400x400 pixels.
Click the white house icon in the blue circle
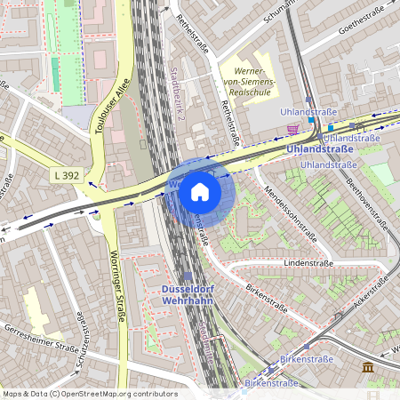(x=200, y=191)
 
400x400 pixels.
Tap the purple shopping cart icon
(x=292, y=129)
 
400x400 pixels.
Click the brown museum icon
(x=368, y=368)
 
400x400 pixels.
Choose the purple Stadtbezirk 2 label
(x=175, y=99)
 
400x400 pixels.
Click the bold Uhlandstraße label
(x=320, y=149)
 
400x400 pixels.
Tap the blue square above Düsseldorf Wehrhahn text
(x=187, y=277)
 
